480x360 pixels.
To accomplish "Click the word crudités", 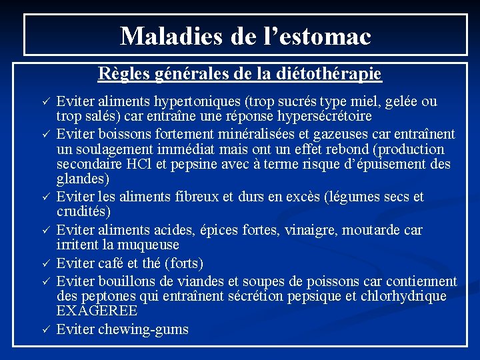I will [x=83, y=211].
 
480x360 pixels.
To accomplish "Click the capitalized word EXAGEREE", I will [x=97, y=311].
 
